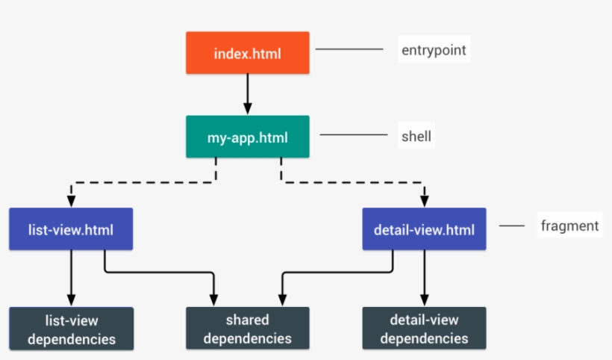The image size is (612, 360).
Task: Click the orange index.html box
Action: click(x=248, y=53)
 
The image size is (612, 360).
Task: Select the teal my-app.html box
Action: click(x=247, y=137)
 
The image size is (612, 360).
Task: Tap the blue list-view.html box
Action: click(x=71, y=229)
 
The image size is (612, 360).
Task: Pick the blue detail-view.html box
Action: click(x=424, y=229)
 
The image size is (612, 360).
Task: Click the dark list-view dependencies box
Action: click(x=71, y=329)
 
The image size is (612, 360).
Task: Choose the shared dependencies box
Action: click(x=247, y=329)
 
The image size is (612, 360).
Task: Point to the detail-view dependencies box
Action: click(x=424, y=329)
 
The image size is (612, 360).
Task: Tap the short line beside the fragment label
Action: click(x=512, y=226)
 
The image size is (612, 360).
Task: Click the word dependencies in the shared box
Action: click(x=247, y=338)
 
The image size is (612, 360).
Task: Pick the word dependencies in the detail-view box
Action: click(x=424, y=338)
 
